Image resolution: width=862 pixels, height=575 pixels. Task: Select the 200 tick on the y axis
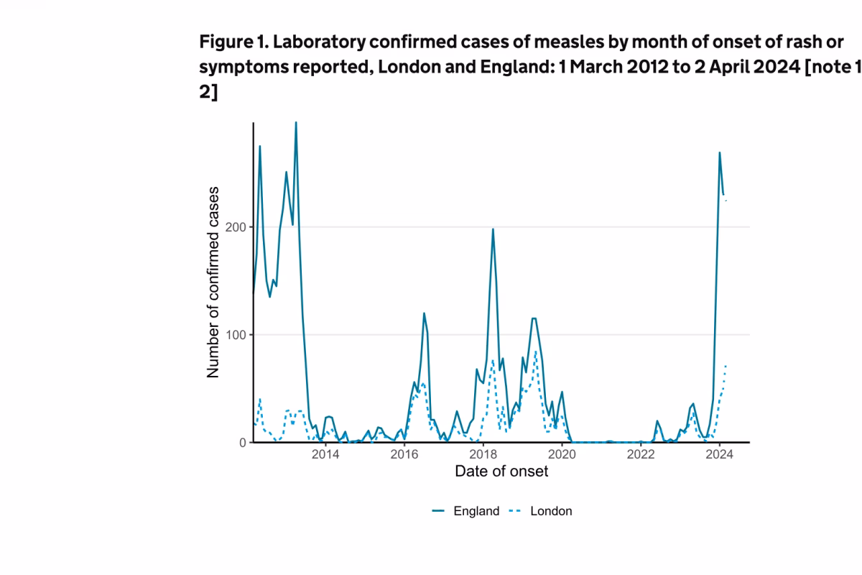point(237,227)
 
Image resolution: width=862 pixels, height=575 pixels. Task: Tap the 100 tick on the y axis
point(237,335)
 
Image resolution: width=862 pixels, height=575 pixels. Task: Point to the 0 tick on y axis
point(243,443)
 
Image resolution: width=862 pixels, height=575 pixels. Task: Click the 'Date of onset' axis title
point(501,471)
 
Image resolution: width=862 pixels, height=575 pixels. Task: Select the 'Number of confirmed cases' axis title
point(213,282)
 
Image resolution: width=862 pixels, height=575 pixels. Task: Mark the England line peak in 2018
point(493,229)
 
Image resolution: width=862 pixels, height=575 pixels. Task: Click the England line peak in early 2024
point(720,152)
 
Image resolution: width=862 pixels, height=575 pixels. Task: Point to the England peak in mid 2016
point(424,313)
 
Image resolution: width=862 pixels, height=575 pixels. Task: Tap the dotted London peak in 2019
point(536,351)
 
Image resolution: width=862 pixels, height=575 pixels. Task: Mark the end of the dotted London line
point(726,365)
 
